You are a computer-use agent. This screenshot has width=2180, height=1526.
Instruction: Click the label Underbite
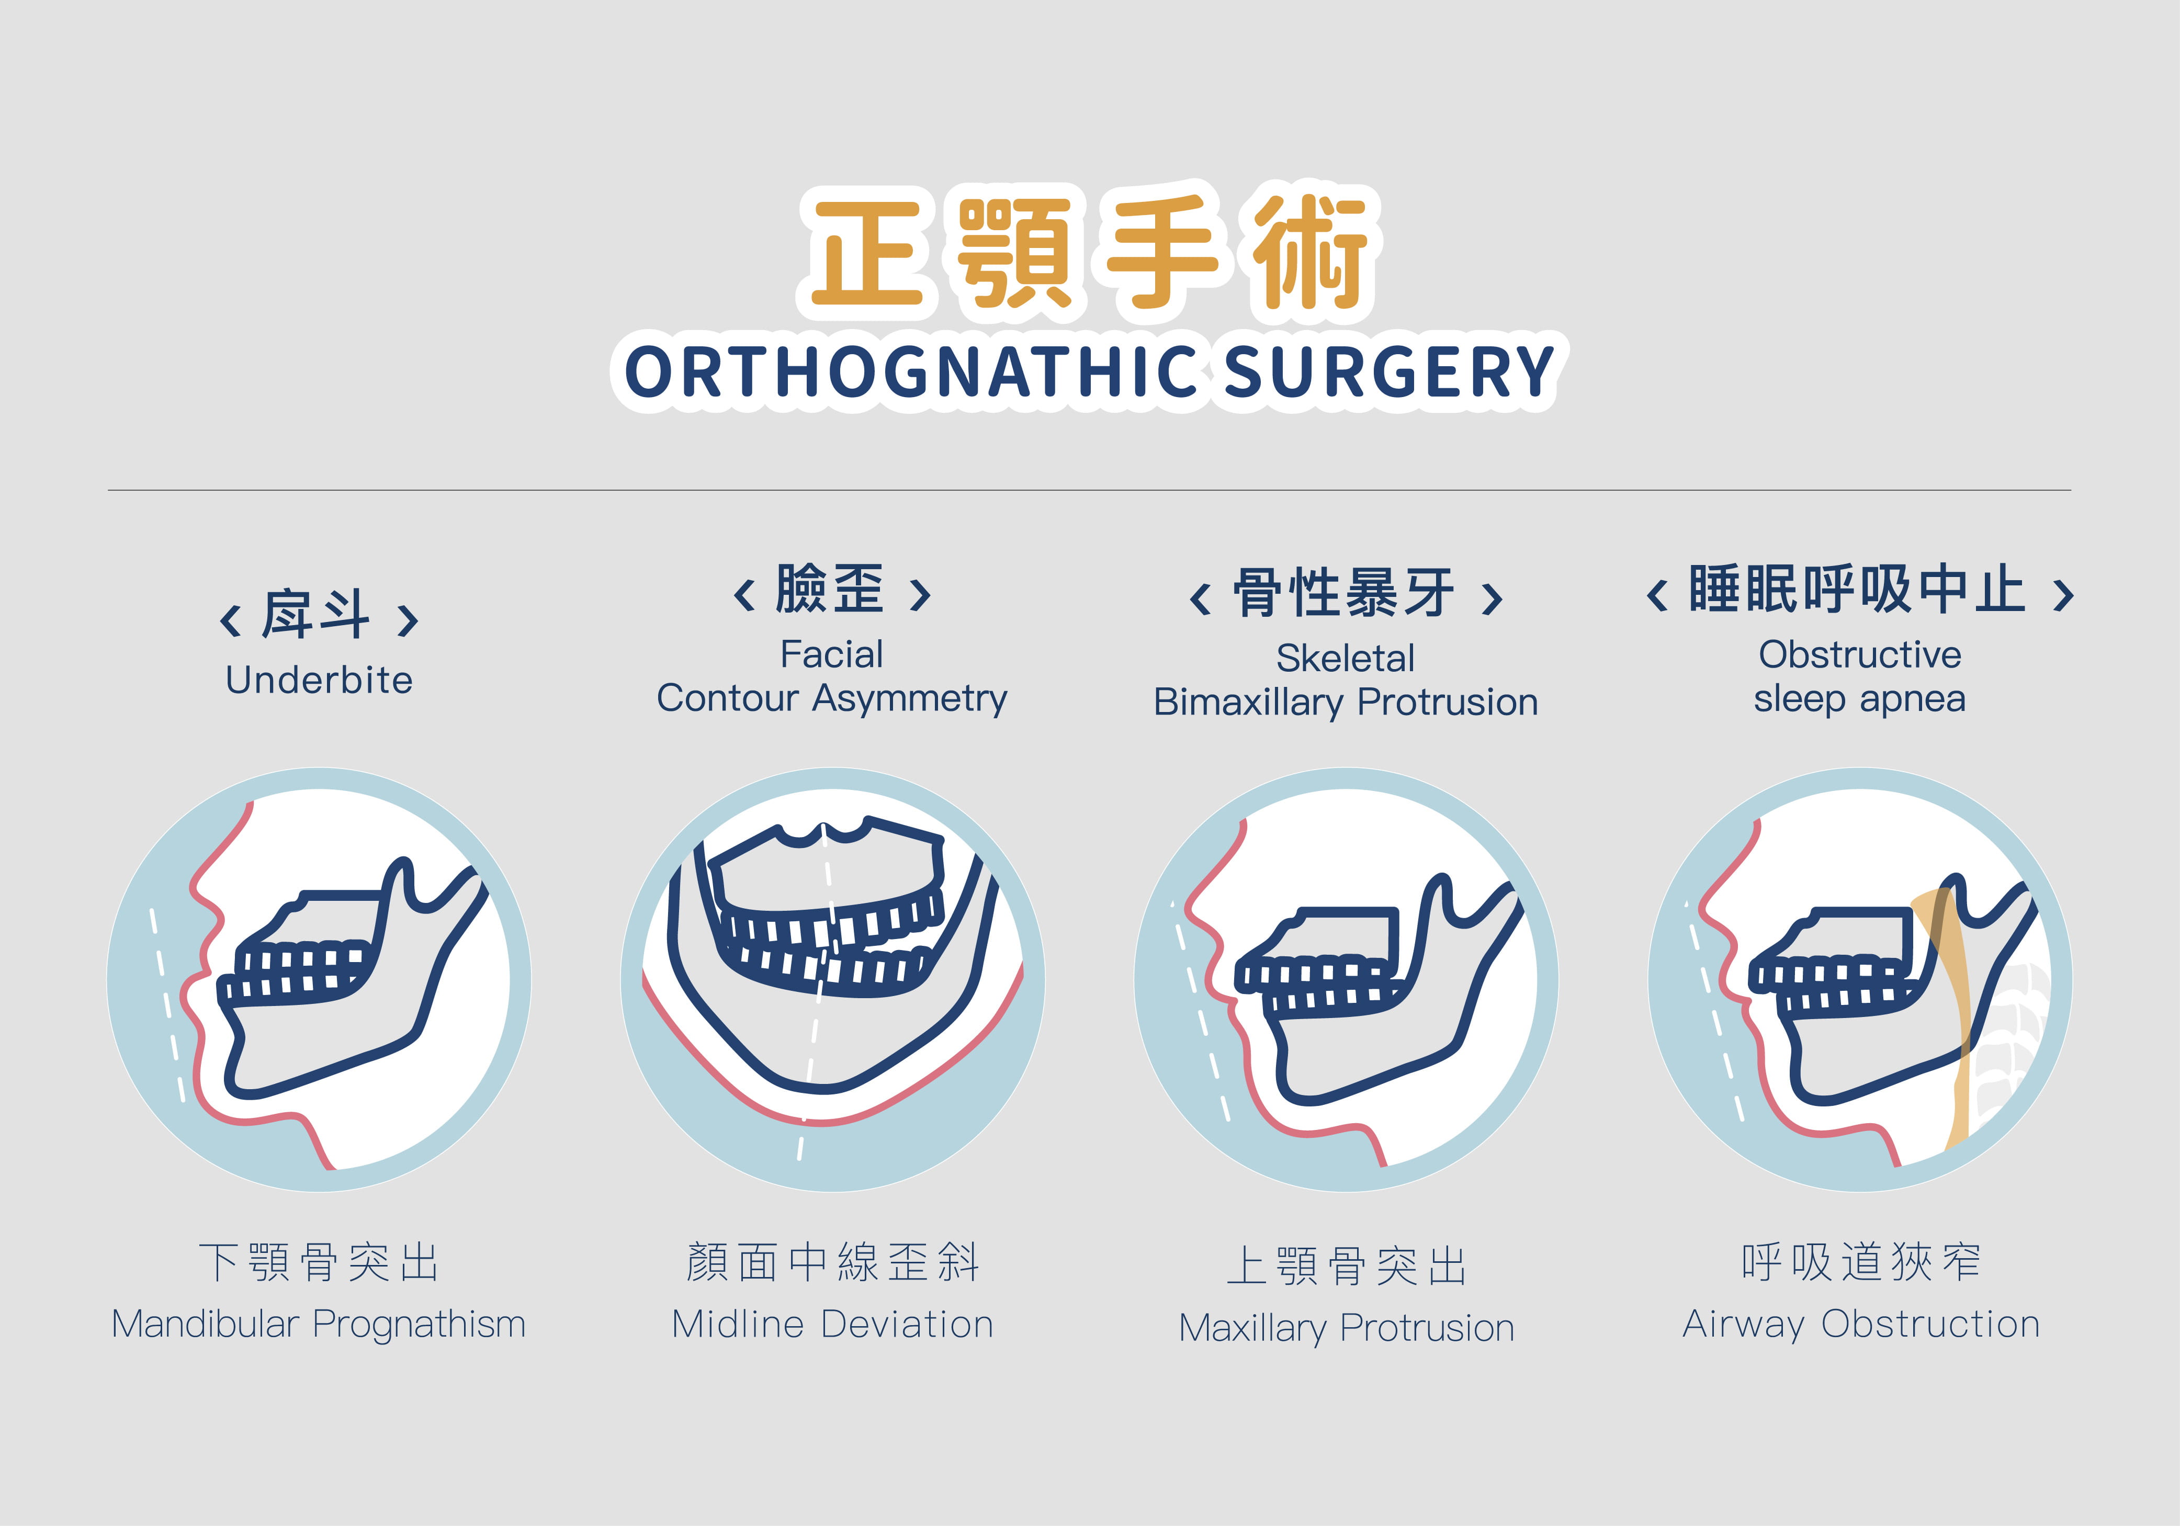(x=319, y=680)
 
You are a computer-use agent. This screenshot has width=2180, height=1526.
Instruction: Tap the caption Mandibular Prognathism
(x=319, y=1324)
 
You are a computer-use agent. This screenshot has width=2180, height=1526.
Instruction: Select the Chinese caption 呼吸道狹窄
(x=1861, y=1262)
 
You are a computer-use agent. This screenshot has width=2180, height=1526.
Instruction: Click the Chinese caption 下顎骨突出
(x=319, y=1262)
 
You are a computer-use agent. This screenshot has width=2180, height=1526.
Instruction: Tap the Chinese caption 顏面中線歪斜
(x=833, y=1262)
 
